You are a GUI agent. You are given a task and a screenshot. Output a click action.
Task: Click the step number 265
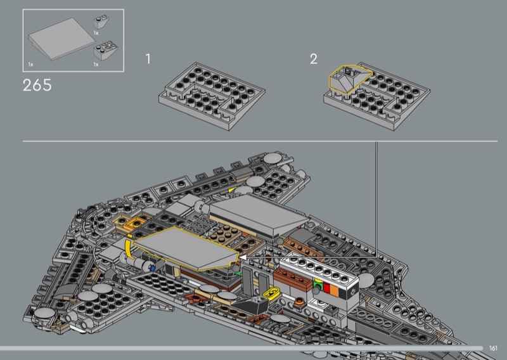(37, 86)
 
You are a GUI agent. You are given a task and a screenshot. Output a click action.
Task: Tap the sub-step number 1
(148, 59)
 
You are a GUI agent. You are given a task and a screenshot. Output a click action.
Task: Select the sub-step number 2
(314, 59)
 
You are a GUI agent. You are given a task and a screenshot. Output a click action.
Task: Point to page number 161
(493, 349)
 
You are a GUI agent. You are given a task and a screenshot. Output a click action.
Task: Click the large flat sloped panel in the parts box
(62, 39)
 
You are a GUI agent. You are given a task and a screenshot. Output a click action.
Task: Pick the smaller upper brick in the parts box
(101, 22)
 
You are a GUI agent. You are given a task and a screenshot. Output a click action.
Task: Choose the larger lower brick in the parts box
(106, 51)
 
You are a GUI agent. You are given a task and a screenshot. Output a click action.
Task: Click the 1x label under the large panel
(30, 65)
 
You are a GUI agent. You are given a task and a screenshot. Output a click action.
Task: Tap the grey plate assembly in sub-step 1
(212, 96)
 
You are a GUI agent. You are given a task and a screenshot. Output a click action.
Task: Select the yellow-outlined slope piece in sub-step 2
(349, 79)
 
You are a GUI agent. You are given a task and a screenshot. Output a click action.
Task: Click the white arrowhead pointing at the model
(243, 257)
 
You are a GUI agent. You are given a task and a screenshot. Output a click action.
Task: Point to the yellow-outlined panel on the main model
(186, 248)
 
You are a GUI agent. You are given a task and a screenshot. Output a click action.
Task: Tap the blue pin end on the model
(152, 267)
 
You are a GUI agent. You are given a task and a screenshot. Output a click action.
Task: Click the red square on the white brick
(326, 288)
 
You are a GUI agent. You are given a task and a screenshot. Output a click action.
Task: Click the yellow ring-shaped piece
(272, 292)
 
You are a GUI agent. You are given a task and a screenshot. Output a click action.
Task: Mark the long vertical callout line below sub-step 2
(376, 199)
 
